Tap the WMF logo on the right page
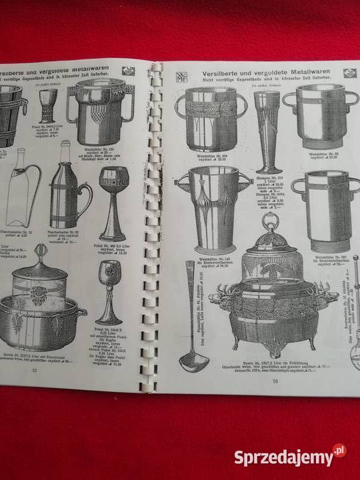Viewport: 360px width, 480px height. (181, 76)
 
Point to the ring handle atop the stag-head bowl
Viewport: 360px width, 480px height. (270, 222)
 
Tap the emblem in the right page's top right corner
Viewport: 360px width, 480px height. (349, 73)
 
